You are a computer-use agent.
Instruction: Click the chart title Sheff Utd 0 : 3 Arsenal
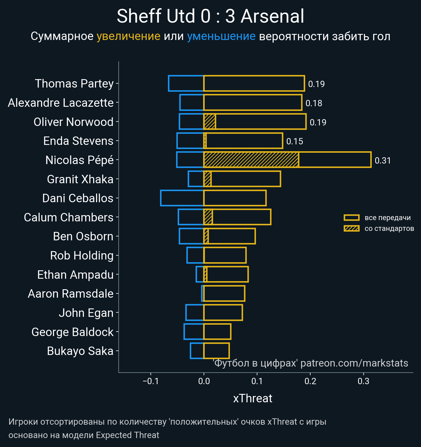click(210, 16)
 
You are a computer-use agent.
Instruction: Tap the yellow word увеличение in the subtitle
click(128, 36)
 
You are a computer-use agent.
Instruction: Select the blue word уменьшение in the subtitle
click(221, 36)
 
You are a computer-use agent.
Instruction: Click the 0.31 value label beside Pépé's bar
click(383, 160)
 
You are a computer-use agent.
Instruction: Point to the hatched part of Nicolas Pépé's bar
click(251, 160)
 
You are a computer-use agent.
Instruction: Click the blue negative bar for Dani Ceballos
click(182, 198)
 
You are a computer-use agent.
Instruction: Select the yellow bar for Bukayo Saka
click(217, 351)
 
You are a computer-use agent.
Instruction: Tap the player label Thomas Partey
click(74, 84)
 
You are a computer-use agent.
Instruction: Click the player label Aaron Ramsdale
click(71, 294)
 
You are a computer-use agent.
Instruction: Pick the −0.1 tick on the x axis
click(151, 381)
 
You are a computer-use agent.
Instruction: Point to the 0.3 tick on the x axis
click(363, 381)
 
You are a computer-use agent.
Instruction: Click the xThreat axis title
click(253, 398)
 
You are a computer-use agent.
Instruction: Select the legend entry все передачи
click(387, 218)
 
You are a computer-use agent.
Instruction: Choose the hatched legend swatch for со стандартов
click(352, 228)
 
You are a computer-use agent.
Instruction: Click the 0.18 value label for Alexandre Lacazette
click(314, 103)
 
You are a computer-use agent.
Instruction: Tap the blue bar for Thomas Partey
click(186, 83)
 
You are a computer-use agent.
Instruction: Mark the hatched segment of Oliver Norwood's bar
click(210, 122)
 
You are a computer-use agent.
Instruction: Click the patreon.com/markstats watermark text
click(354, 363)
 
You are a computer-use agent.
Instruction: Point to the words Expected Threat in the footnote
click(127, 435)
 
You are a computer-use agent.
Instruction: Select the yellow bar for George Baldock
click(217, 332)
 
